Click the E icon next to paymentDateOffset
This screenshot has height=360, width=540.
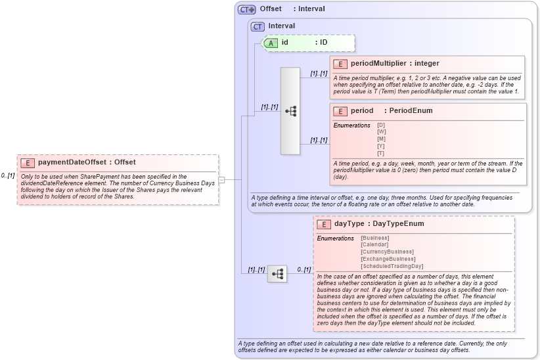point(28,162)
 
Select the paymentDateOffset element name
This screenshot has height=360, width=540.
point(72,162)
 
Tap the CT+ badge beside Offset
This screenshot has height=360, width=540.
point(247,9)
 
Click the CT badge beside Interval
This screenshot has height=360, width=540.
point(258,26)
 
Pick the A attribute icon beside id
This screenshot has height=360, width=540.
point(271,43)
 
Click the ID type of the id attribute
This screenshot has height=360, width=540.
point(323,43)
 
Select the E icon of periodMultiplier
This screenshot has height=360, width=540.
point(340,64)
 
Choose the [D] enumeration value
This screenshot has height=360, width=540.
point(381,125)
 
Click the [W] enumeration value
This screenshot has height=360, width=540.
point(381,131)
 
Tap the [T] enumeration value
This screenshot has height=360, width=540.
point(381,153)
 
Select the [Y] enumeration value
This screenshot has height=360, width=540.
point(381,146)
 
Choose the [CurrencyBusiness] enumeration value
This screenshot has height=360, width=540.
point(387,252)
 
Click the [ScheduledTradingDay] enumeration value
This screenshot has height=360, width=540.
point(392,266)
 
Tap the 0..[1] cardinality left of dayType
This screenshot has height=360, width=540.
point(304,269)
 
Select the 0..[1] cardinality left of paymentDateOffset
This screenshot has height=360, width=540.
point(8,175)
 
